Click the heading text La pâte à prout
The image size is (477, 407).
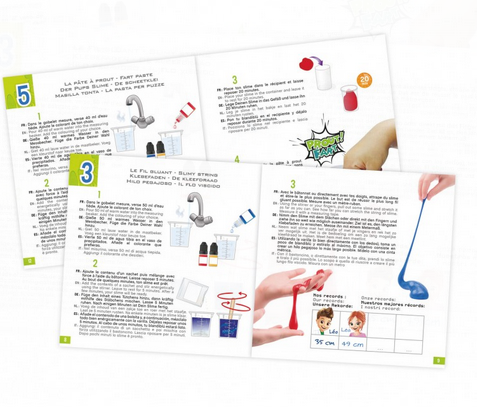click(x=94, y=62)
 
